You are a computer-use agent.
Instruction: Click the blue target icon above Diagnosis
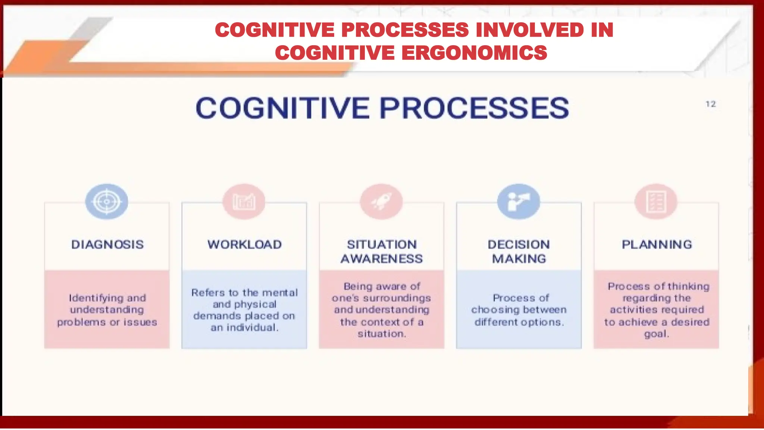[x=107, y=202]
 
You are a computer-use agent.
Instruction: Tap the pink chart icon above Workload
[x=244, y=202]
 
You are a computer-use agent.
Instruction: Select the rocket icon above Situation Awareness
[x=381, y=202]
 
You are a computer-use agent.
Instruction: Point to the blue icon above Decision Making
[x=519, y=202]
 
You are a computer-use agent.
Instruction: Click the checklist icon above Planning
[x=656, y=202]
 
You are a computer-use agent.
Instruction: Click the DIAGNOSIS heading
[x=107, y=244]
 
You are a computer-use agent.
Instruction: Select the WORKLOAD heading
[x=245, y=244]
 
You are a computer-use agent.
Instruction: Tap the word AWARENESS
[x=382, y=259]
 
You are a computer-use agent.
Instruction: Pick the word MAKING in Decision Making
[x=519, y=259]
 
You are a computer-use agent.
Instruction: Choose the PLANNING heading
[x=657, y=244]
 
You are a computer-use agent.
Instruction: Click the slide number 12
[x=710, y=104]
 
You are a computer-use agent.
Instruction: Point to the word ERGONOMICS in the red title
[x=475, y=53]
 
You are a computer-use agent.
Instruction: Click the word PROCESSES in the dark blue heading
[x=474, y=108]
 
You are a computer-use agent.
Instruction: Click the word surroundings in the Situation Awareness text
[x=397, y=298]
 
